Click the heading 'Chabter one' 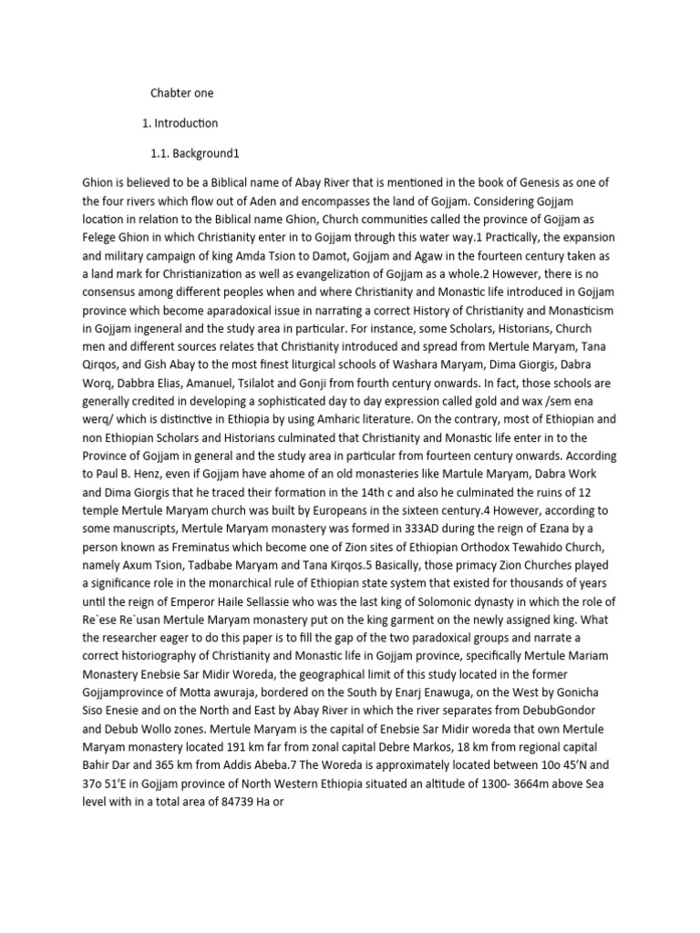(181, 92)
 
